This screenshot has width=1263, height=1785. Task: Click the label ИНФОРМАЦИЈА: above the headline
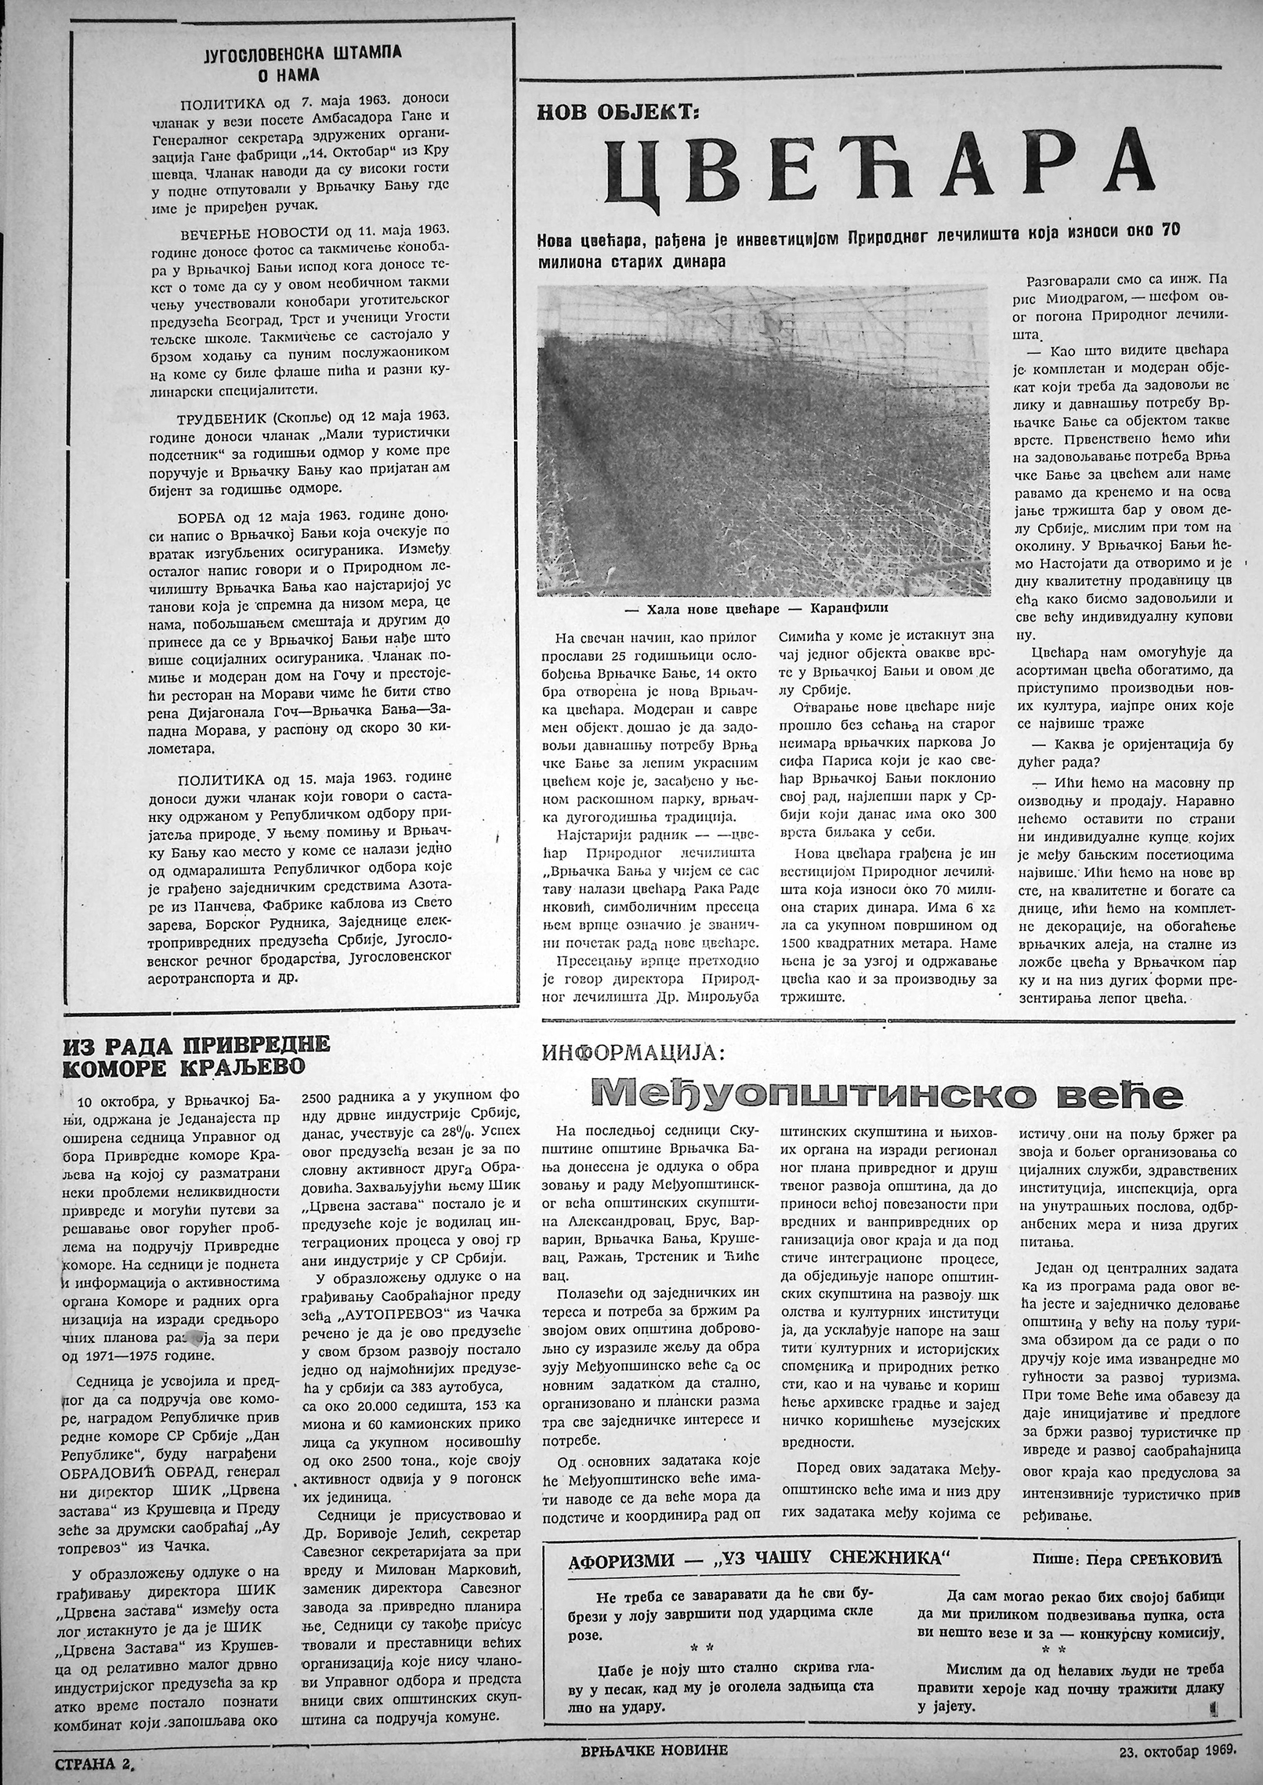tap(632, 1054)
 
